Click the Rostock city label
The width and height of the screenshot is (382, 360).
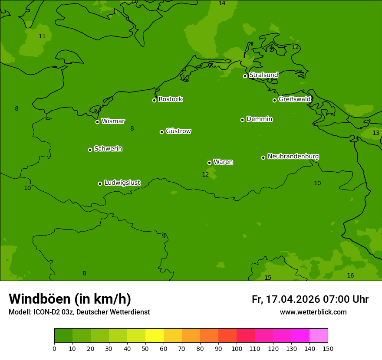170,99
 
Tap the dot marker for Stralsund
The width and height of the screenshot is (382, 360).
245,76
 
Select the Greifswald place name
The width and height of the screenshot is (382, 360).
294,99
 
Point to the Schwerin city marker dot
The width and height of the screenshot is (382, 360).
90,150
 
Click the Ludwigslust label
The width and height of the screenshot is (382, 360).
122,183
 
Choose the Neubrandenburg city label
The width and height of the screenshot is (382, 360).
293,157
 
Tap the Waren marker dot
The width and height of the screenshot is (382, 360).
209,163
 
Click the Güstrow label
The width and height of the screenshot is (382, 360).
178,131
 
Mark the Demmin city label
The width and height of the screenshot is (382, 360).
259,119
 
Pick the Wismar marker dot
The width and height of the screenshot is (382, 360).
97,122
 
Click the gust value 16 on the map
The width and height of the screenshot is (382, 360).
350,275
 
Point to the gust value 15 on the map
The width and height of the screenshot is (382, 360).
268,278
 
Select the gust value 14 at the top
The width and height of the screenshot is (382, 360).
222,3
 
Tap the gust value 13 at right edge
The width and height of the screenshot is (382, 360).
376,133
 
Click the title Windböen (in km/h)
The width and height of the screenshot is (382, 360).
70,299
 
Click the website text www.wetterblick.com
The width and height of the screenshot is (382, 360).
313,312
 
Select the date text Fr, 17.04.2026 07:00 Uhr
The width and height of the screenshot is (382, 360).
310,299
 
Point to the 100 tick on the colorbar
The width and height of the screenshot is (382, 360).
237,348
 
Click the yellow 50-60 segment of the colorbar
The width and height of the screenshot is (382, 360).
155,336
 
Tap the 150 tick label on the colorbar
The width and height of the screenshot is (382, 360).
328,348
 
